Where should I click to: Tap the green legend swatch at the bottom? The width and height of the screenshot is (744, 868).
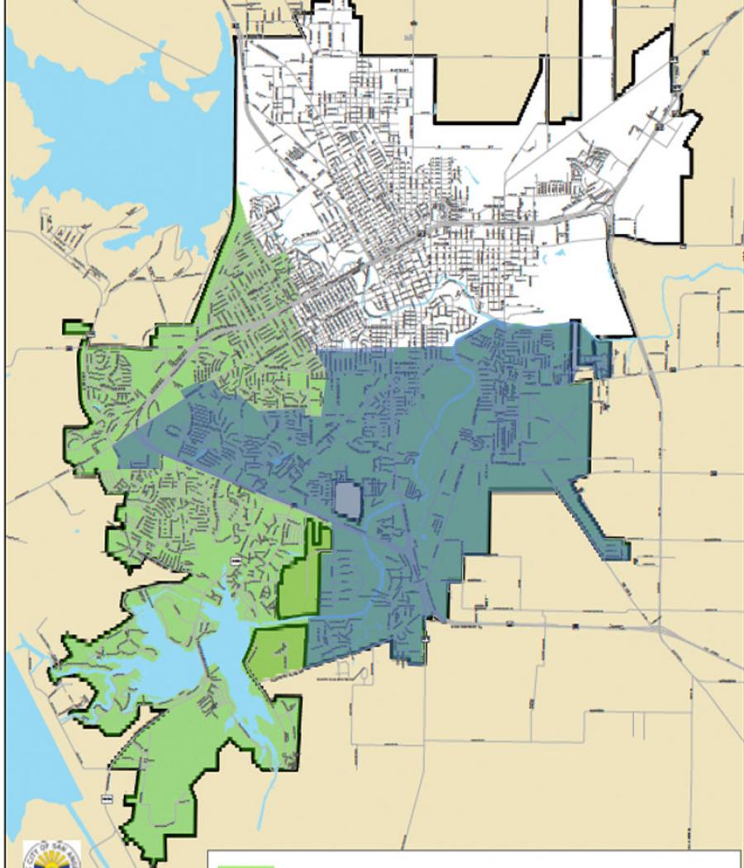(246, 864)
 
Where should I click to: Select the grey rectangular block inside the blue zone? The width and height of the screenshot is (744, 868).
(348, 501)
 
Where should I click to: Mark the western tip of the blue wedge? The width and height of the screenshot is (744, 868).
(117, 451)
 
